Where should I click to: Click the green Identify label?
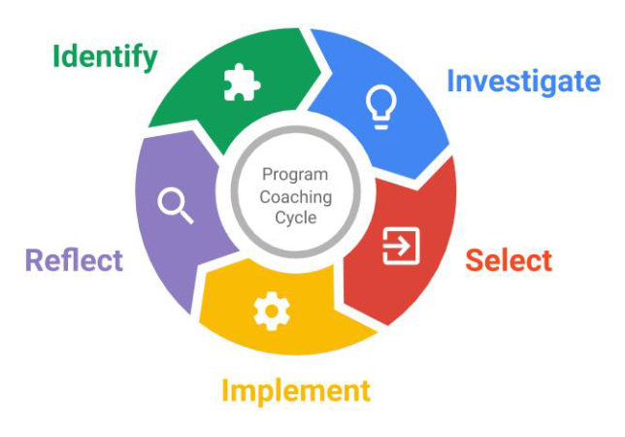pyautogui.click(x=105, y=56)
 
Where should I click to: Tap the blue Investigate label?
pyautogui.click(x=523, y=81)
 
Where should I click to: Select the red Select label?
pyautogui.click(x=509, y=260)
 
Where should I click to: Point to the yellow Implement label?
pyautogui.click(x=296, y=390)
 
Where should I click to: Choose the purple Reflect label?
pyautogui.click(x=74, y=260)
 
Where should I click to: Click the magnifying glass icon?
pyautogui.click(x=175, y=205)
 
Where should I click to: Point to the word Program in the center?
pyautogui.click(x=296, y=175)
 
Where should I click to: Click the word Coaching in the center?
pyautogui.click(x=296, y=196)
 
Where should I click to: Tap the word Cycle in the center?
pyautogui.click(x=296, y=218)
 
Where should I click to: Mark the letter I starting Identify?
pyautogui.click(x=56, y=55)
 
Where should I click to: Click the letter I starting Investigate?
pyautogui.click(x=450, y=81)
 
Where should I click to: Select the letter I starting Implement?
pyautogui.click(x=226, y=390)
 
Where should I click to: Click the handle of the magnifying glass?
pyautogui.click(x=184, y=215)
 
